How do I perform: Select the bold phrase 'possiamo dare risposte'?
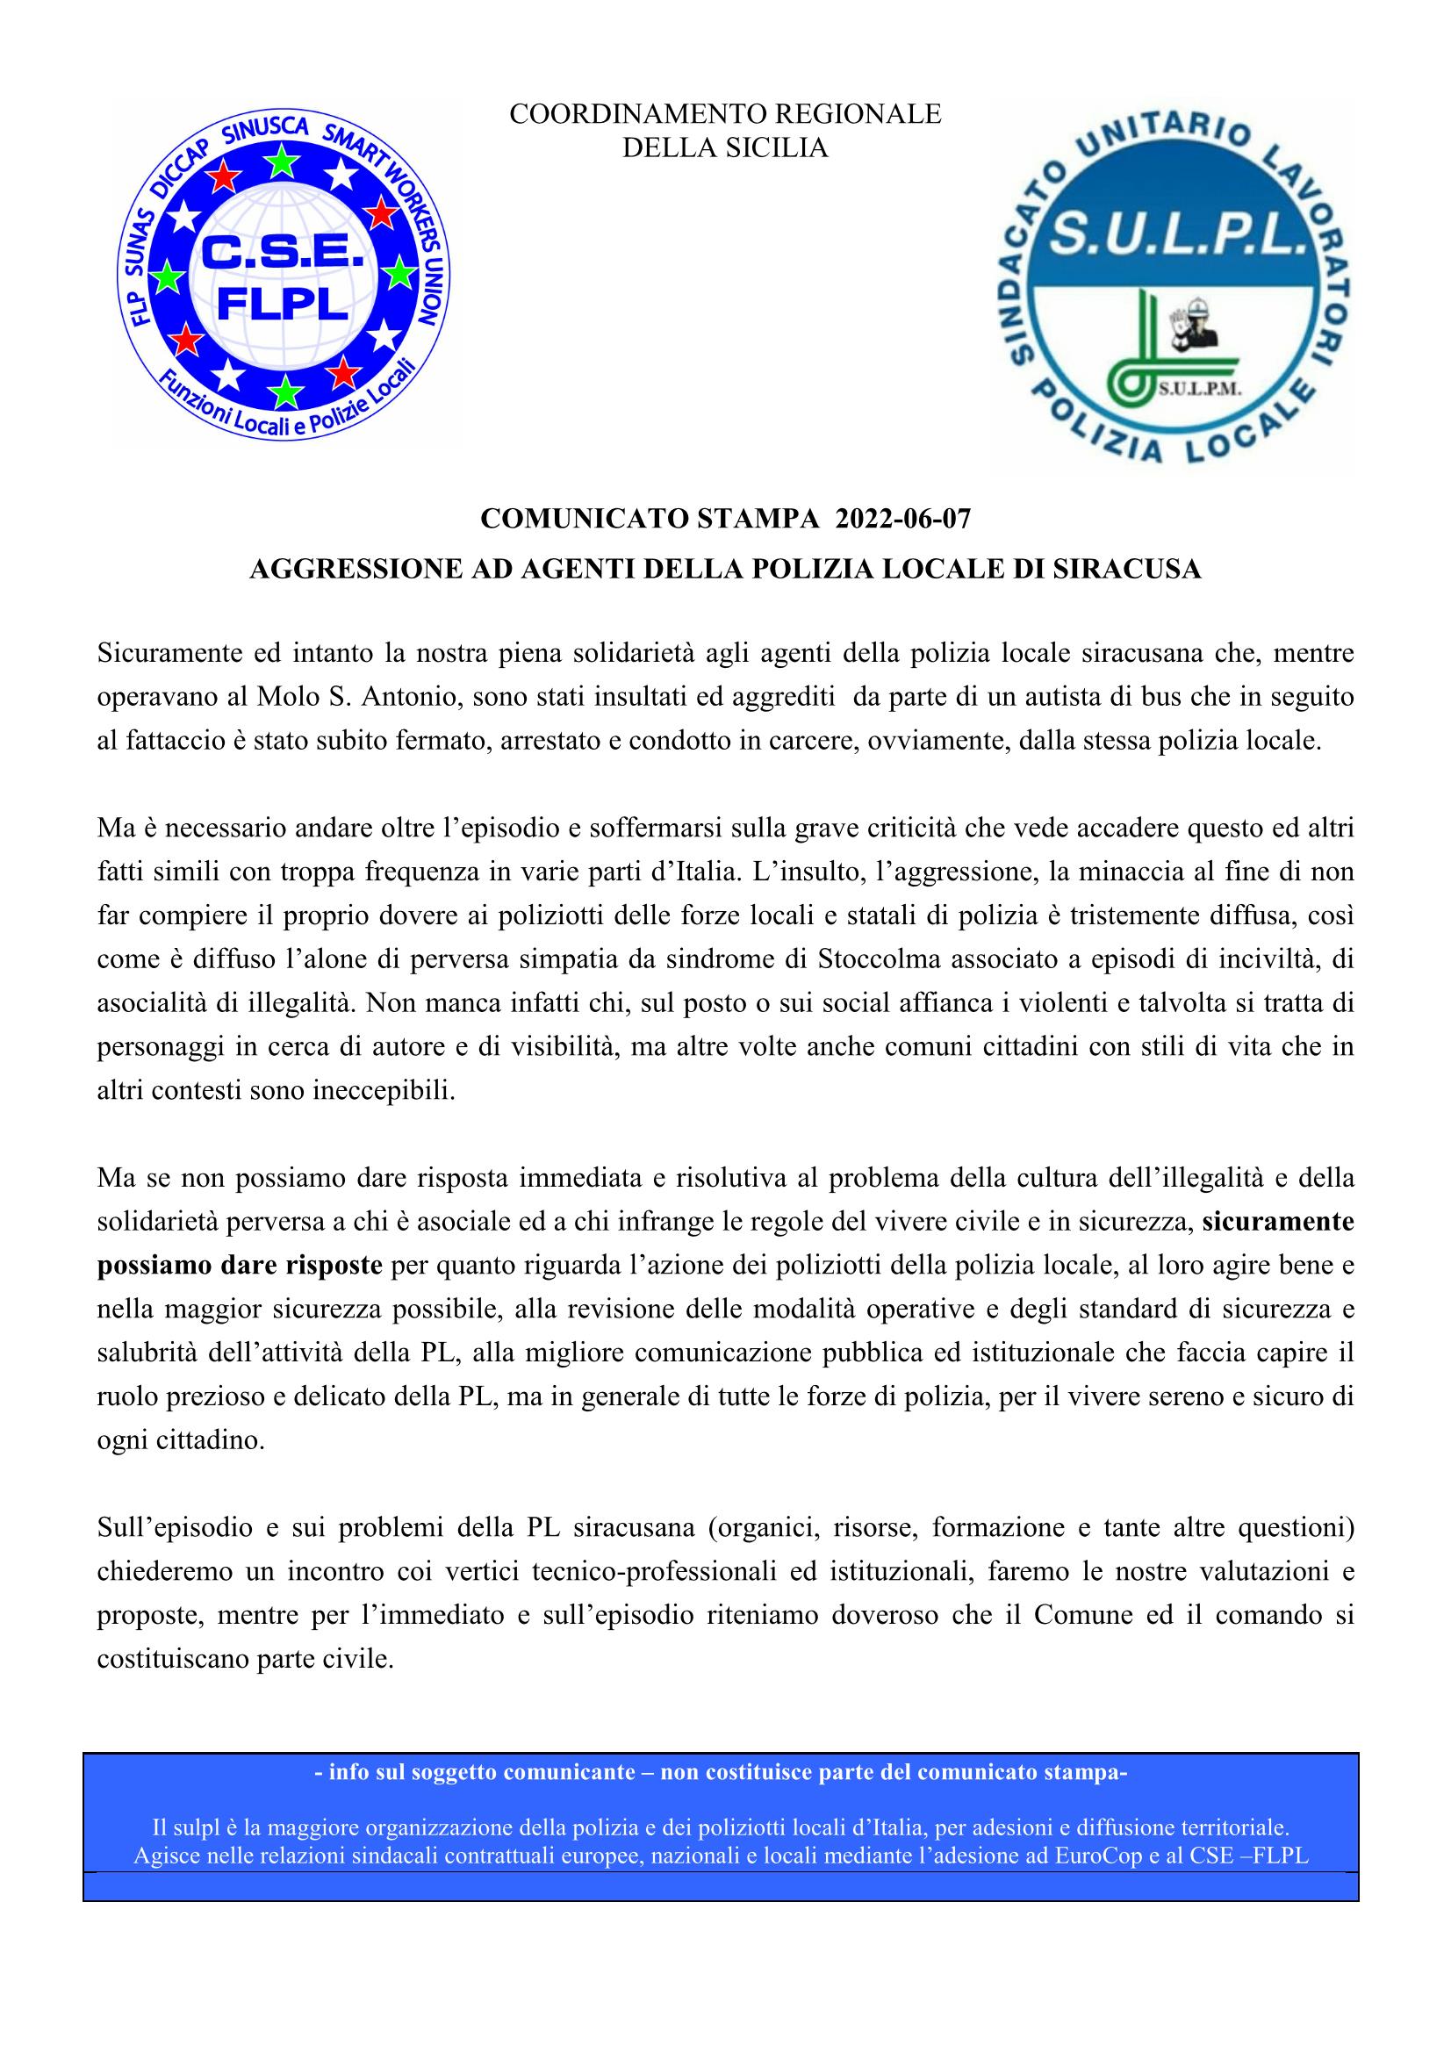click(x=240, y=1266)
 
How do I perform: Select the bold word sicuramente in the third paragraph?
click(x=1277, y=1223)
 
